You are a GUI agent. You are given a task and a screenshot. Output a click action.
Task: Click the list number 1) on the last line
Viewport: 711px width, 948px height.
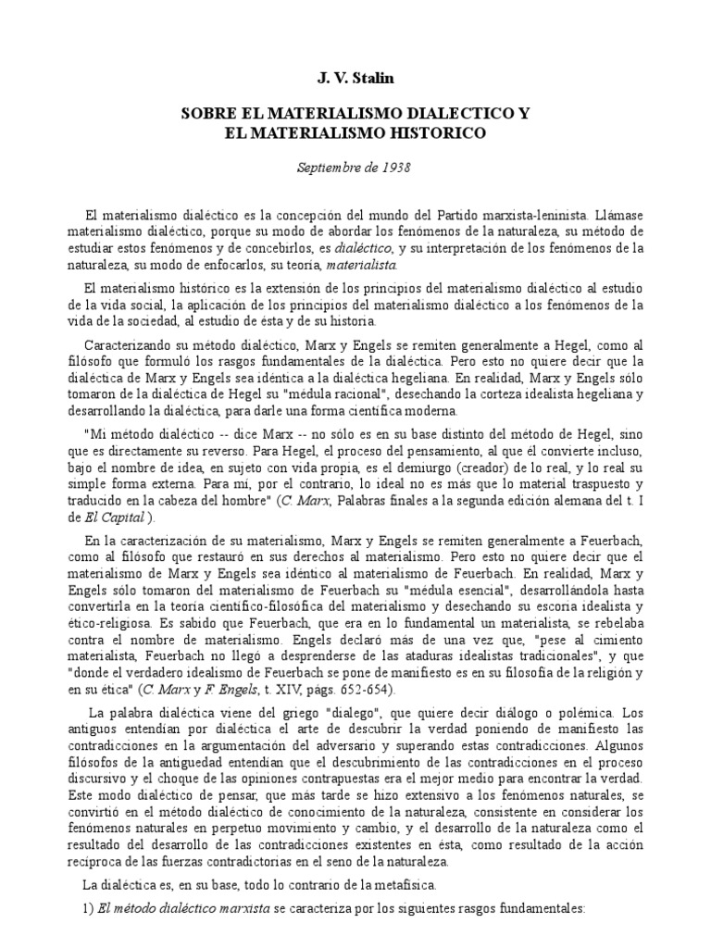[x=89, y=909]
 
